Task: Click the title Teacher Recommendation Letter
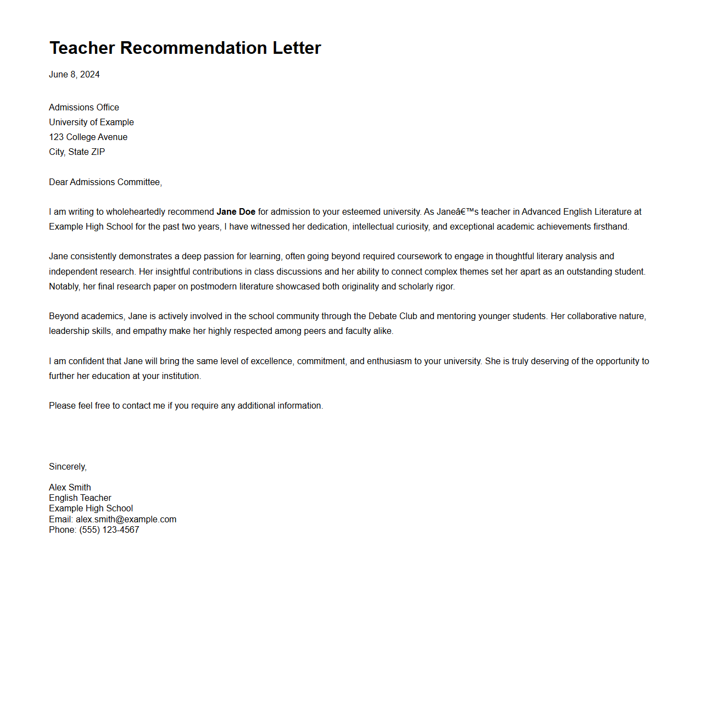pos(185,48)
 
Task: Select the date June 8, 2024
pos(74,75)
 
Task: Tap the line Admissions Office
pos(84,108)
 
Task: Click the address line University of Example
pos(91,122)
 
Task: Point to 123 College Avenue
pos(88,137)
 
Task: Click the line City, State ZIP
pos(77,152)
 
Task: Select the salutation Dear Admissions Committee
pos(105,182)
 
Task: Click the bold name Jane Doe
pos(236,212)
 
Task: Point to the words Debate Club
pos(393,316)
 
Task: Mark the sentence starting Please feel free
pos(186,406)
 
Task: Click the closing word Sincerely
pos(67,467)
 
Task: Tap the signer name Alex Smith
pos(70,488)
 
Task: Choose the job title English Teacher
pos(80,498)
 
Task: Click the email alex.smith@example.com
pos(126,520)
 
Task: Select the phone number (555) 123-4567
pos(109,530)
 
